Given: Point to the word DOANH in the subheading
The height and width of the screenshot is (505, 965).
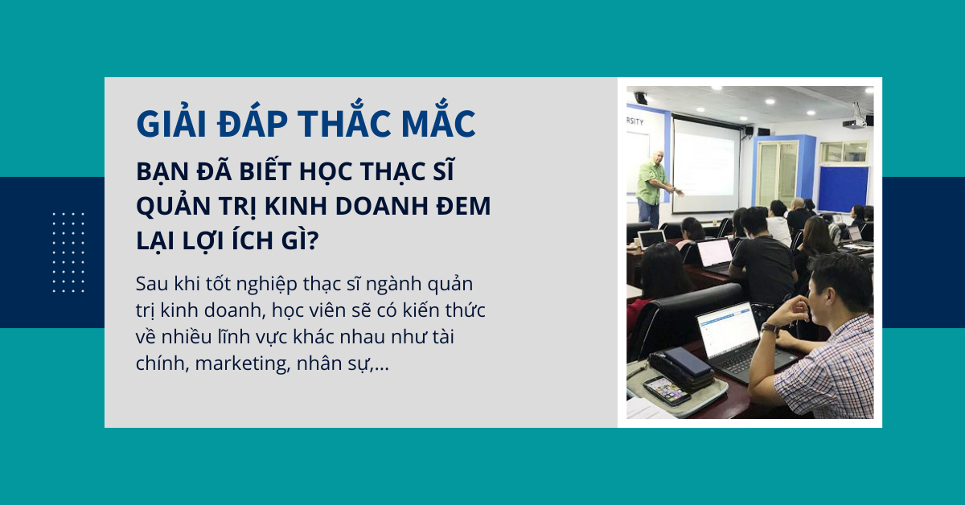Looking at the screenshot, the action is point(381,206).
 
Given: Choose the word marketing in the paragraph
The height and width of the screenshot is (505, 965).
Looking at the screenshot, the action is point(242,363).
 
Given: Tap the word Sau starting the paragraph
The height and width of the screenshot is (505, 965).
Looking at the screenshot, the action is point(151,284).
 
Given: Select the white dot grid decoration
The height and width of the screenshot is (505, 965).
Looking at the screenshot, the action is point(68,252).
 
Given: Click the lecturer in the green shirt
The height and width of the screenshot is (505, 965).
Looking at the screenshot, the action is point(652,189).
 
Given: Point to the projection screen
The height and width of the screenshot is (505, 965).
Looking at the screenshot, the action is point(706,165).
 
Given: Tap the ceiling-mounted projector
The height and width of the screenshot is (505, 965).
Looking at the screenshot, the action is point(854,122).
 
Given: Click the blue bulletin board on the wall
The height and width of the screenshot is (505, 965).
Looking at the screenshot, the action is point(843,189).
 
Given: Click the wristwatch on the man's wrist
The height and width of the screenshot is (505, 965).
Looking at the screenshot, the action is point(770,328).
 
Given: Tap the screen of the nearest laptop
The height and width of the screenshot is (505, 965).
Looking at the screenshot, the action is point(727,330).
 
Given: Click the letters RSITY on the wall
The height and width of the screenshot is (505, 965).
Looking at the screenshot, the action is point(635,121).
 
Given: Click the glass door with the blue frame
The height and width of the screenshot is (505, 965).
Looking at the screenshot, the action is point(777,174).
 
